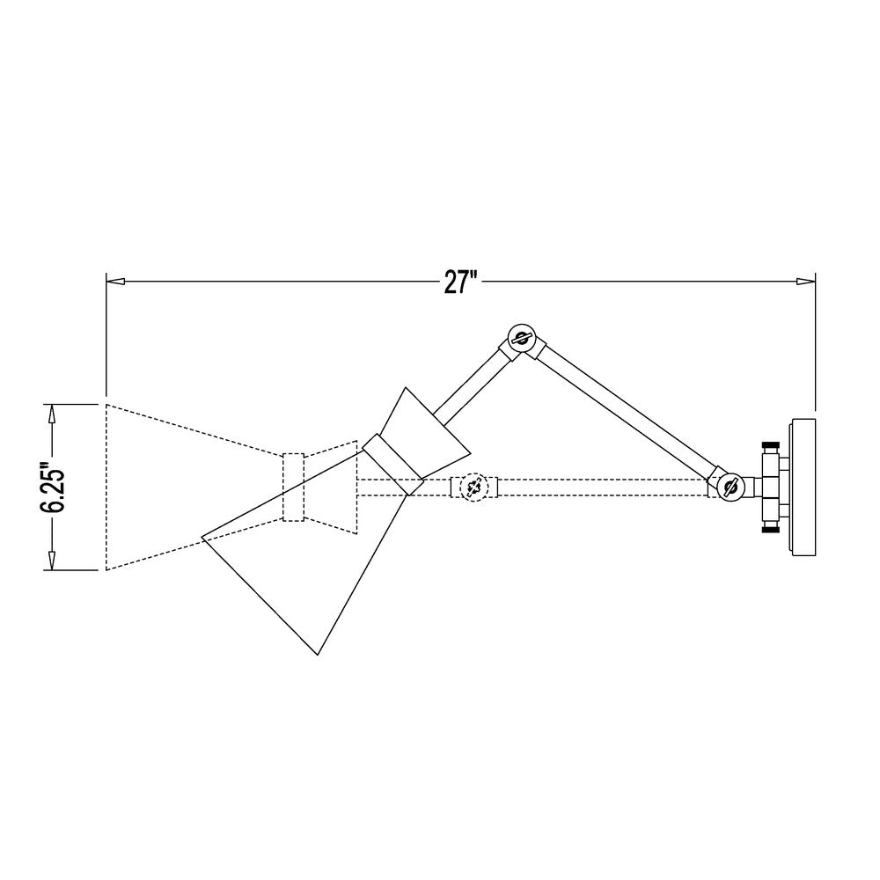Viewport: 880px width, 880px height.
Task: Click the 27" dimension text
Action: tap(460, 282)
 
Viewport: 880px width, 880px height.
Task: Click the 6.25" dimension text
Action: tap(53, 488)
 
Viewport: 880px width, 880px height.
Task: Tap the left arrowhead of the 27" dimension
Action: tap(115, 281)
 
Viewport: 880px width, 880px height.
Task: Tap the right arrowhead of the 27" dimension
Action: tap(806, 281)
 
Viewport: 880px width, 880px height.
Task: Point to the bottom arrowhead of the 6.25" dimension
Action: tap(52, 560)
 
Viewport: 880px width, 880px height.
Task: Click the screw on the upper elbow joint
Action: tap(521, 338)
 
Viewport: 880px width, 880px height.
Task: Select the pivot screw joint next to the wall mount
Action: tap(730, 488)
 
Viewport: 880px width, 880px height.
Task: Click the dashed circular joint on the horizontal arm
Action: tap(473, 488)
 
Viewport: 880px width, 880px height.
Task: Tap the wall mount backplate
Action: tap(803, 488)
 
